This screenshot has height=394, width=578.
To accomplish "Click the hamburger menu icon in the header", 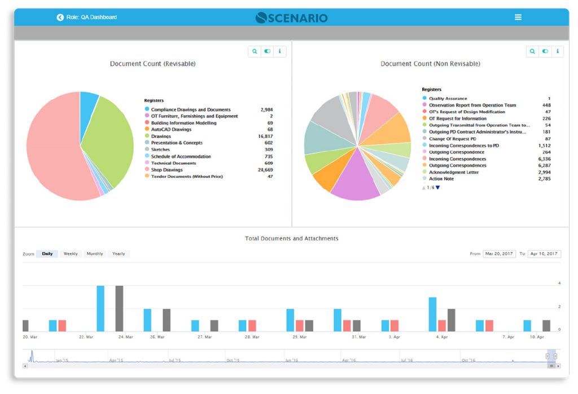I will click(x=518, y=17).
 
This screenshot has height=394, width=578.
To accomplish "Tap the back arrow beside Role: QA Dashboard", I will click(x=60, y=17).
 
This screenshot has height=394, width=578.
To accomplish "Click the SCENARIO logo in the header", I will click(x=291, y=17).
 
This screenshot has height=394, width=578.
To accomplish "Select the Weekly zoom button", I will click(x=71, y=254).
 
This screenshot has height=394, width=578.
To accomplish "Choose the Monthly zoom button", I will click(x=95, y=254).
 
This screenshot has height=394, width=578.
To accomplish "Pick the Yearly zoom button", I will click(x=119, y=254).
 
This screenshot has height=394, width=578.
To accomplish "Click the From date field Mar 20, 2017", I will click(x=499, y=254).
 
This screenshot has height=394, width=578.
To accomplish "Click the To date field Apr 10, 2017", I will click(x=544, y=254).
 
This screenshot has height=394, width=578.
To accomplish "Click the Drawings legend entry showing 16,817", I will click(x=161, y=137).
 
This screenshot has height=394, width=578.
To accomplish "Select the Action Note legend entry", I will click(x=441, y=179).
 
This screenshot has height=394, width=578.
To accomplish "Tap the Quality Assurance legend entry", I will click(x=448, y=99).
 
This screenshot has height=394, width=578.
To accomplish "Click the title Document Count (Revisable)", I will click(x=152, y=64).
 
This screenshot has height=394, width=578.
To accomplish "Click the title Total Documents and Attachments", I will click(x=291, y=239).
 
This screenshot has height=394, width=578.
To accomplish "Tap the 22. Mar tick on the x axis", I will click(x=86, y=337).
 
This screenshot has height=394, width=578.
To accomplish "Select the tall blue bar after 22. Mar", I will click(x=100, y=308).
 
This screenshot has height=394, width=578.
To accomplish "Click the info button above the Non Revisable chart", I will click(x=557, y=51).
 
